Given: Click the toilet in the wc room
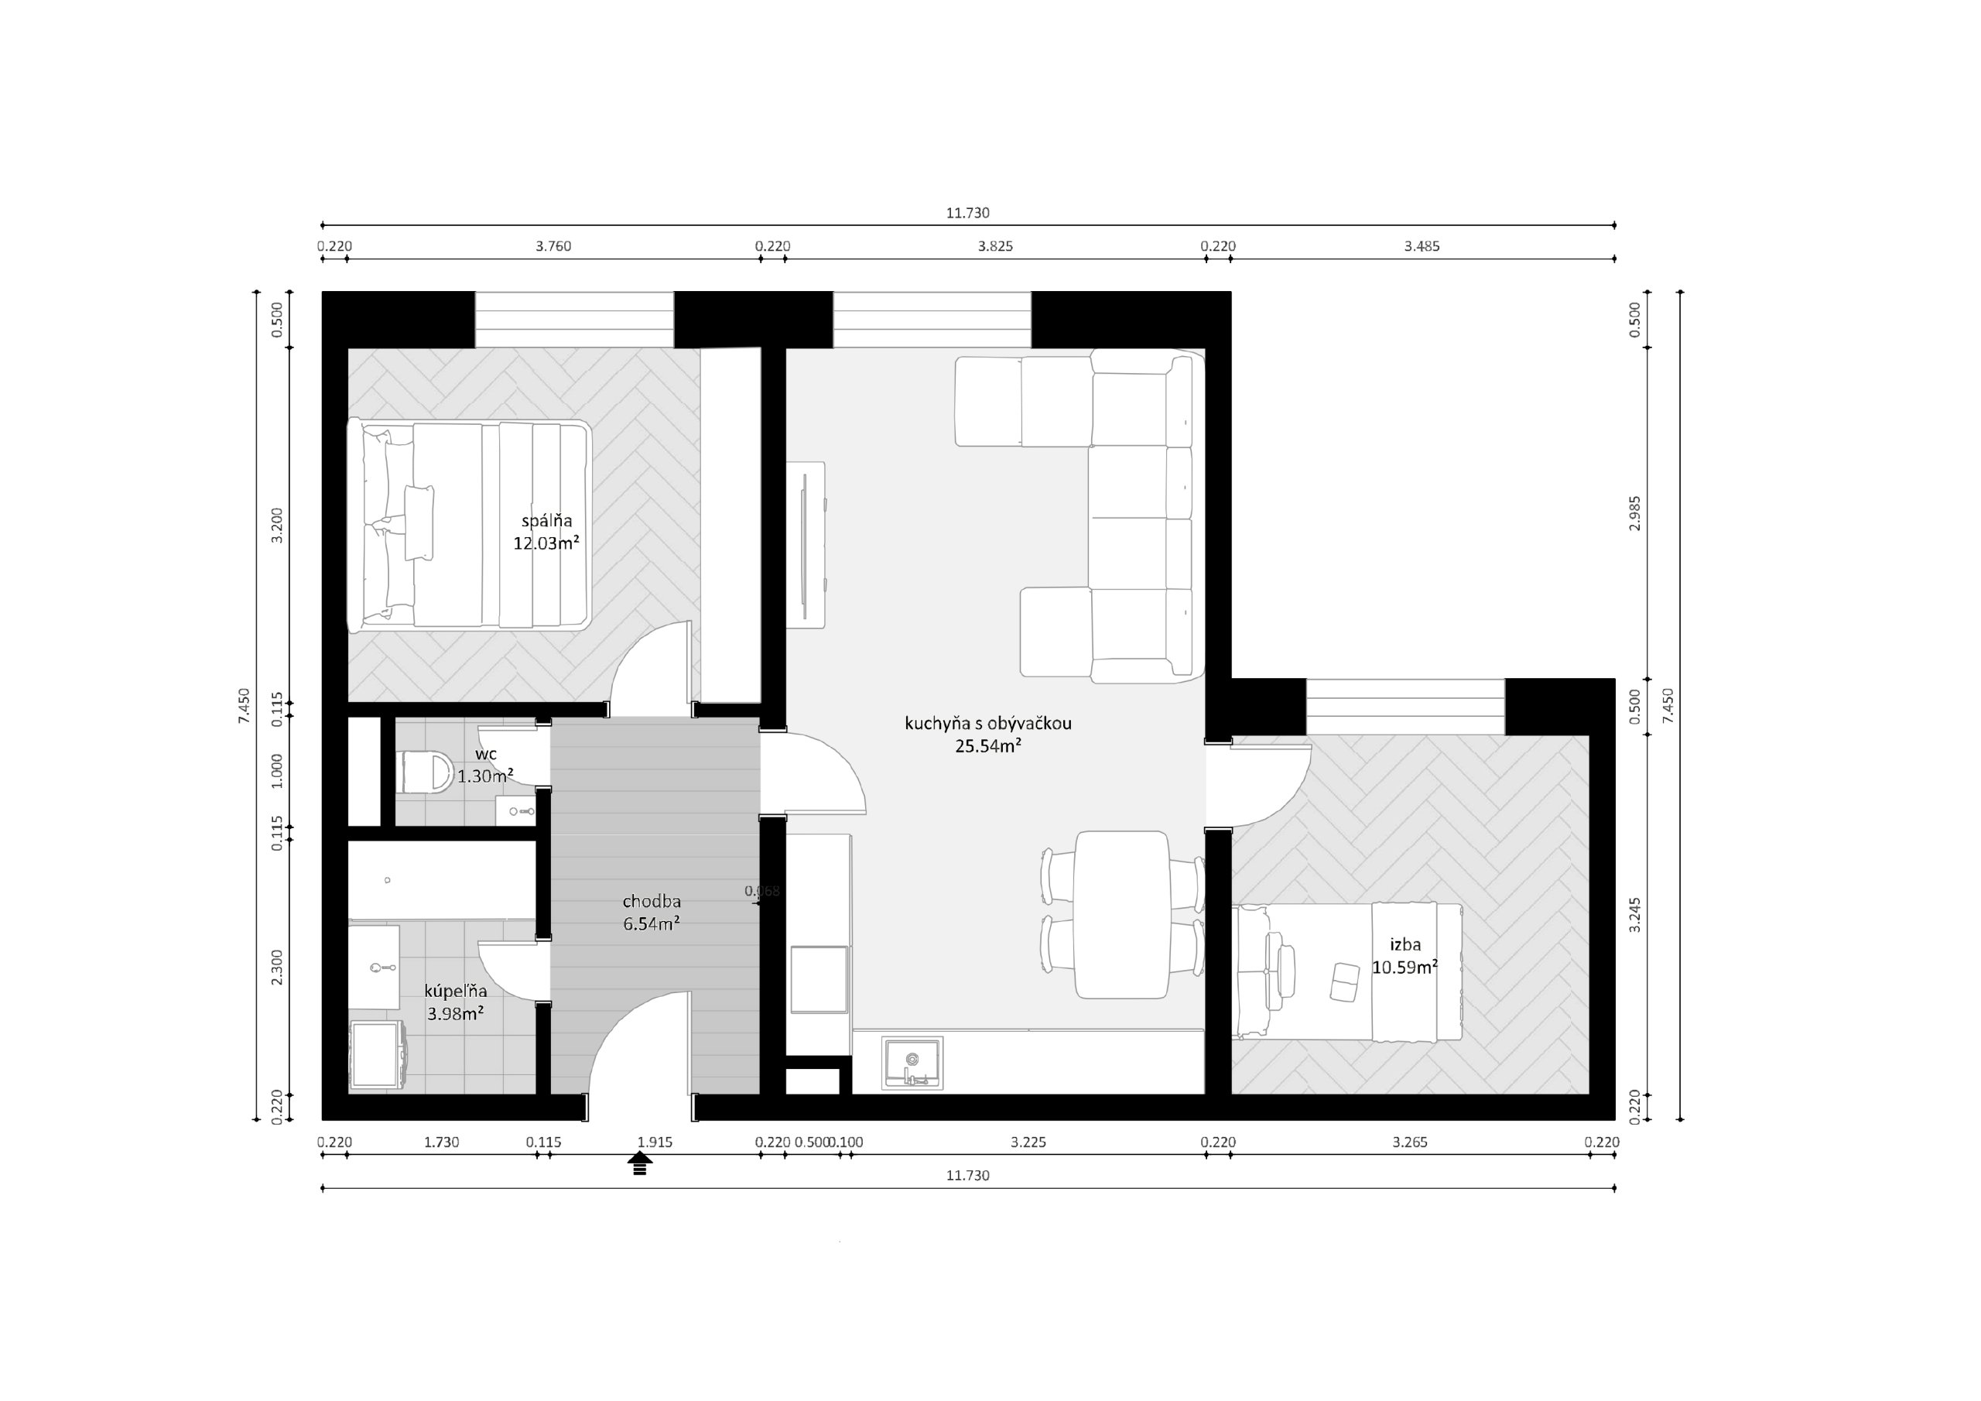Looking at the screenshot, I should point(427,771).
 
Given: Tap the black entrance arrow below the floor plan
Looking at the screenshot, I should point(639,1163).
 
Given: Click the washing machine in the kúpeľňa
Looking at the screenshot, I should point(377,1055).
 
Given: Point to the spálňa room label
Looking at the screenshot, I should point(546,522).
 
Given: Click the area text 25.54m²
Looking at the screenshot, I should point(988,746).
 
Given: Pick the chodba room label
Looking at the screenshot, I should point(652,901).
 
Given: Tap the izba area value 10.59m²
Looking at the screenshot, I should point(1404,967).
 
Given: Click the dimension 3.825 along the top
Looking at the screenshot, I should point(995,246).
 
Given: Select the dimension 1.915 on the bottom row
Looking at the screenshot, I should point(654,1142).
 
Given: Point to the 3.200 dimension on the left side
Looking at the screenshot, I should point(277,525).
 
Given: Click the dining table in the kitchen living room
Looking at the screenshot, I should point(1121,914).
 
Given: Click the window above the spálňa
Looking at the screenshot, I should point(573,320).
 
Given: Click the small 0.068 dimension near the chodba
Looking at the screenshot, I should point(762,890).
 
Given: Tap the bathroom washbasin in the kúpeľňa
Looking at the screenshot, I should point(374,967).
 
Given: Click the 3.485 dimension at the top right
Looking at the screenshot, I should point(1421,246).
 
